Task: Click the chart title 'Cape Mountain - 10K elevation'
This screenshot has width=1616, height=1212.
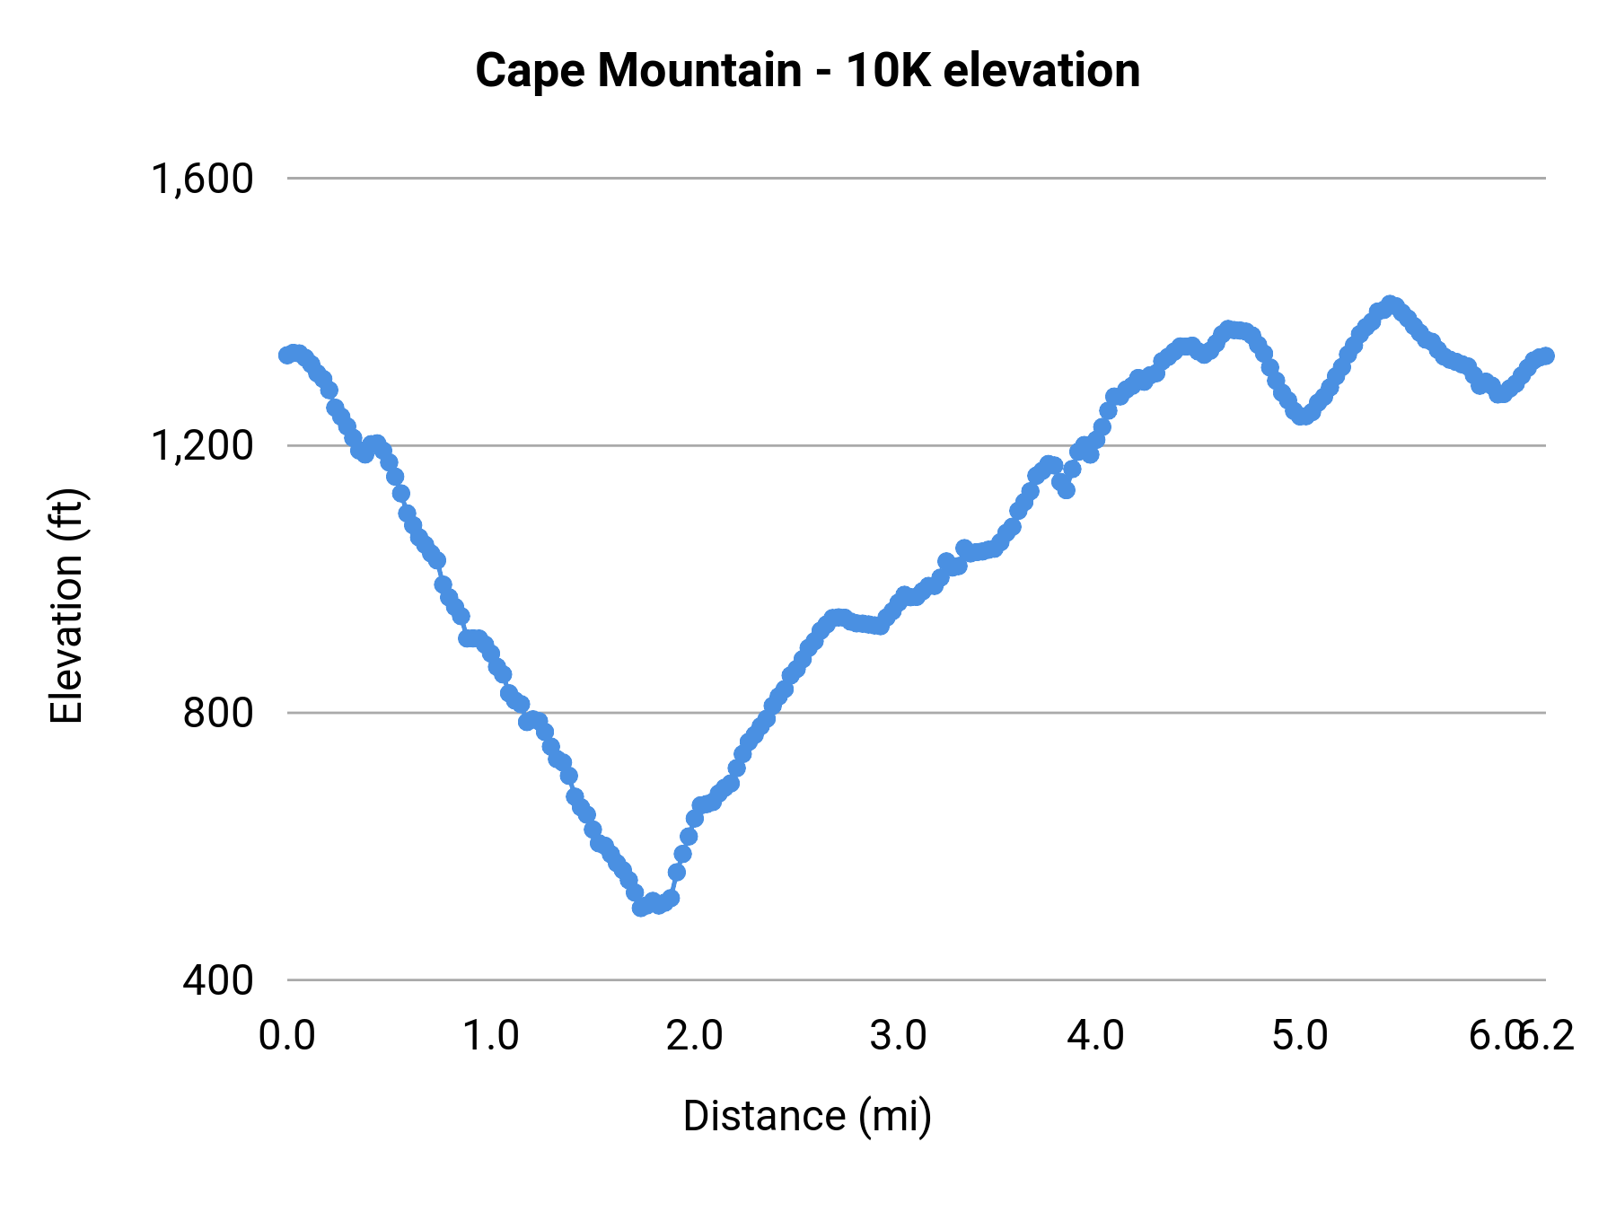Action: tap(807, 70)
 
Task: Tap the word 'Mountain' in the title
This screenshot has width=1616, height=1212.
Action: tap(699, 70)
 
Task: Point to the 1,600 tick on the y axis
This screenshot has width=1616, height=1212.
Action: tap(202, 179)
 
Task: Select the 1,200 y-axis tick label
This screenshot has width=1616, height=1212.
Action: tap(202, 445)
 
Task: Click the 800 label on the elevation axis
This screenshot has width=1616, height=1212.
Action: tap(218, 713)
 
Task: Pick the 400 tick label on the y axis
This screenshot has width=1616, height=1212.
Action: tap(218, 979)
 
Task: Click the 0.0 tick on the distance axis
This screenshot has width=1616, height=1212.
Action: tap(287, 1036)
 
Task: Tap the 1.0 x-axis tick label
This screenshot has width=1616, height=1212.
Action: tap(490, 1036)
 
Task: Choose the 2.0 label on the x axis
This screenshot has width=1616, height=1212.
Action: tap(694, 1036)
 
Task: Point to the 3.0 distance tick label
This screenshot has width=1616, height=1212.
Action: tap(898, 1036)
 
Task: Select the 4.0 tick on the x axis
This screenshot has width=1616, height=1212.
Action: tap(1095, 1036)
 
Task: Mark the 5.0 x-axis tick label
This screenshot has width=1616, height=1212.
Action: tap(1300, 1036)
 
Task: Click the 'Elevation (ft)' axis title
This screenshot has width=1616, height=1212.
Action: tap(66, 606)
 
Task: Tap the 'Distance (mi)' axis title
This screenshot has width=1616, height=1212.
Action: tap(807, 1116)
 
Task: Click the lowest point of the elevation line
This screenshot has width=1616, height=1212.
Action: tap(640, 908)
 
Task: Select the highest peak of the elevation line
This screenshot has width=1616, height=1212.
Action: tap(1390, 303)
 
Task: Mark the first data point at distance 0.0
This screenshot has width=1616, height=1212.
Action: tap(286, 356)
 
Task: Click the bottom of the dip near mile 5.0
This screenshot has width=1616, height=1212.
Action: tap(1302, 416)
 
